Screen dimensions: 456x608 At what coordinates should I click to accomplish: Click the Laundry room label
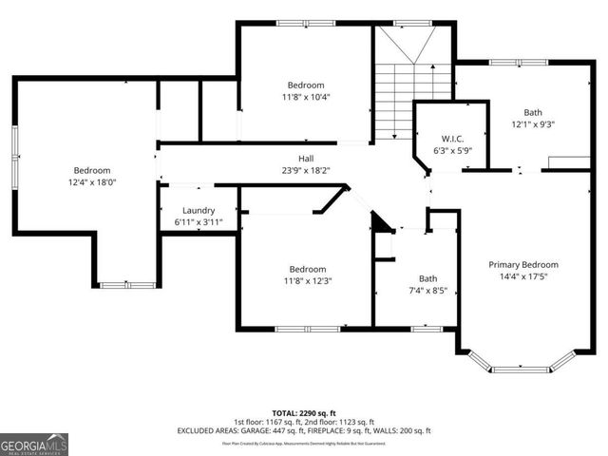(x=199, y=211)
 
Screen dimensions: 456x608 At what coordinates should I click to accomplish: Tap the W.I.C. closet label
(x=452, y=138)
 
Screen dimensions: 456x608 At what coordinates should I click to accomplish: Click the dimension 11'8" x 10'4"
(x=306, y=97)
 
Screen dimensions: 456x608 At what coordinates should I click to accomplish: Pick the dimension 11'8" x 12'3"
(x=307, y=281)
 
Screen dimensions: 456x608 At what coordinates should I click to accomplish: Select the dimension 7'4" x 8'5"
(x=428, y=291)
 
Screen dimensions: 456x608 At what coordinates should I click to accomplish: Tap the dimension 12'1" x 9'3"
(x=532, y=123)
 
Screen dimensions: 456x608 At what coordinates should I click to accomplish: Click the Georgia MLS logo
(x=34, y=444)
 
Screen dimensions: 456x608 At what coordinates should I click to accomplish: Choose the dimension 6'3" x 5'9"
(x=452, y=150)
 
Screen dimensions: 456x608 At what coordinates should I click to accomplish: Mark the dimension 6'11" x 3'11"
(x=199, y=222)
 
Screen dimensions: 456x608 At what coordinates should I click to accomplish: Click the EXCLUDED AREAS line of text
(x=304, y=430)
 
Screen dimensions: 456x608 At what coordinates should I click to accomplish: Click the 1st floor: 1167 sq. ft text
(x=265, y=421)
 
